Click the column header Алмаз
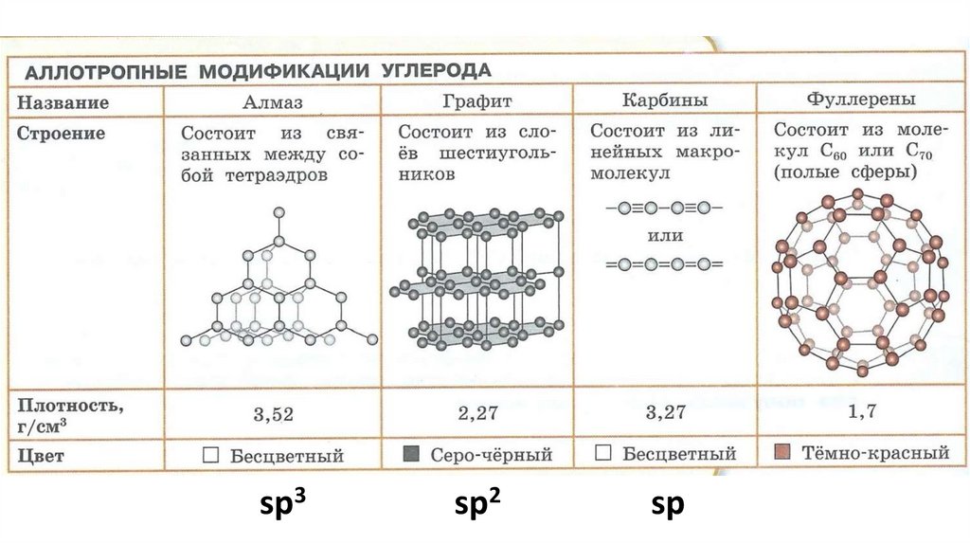coord(273,101)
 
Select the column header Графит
coord(477,101)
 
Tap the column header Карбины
coord(664,100)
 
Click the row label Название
coord(63,102)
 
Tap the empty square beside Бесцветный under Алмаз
coord(211,456)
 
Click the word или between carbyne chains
coord(663,234)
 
